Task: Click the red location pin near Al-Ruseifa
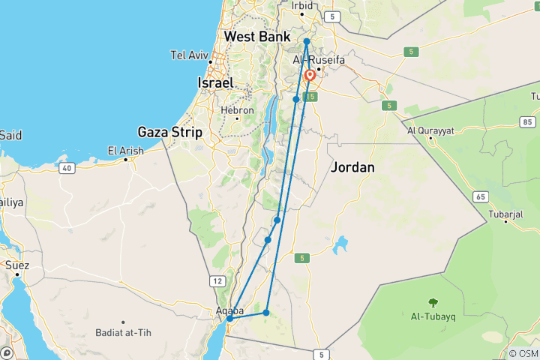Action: coord(310,76)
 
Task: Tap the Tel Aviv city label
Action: coord(189,55)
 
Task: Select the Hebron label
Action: coord(237,109)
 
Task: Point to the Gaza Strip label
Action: coord(170,132)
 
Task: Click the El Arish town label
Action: coord(125,151)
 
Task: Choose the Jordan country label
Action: coord(352,167)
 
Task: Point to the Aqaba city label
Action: coord(229,310)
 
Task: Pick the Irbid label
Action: coord(302,5)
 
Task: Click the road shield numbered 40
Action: coord(67,168)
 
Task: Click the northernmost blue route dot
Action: coord(307,41)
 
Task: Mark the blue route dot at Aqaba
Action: coord(229,319)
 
